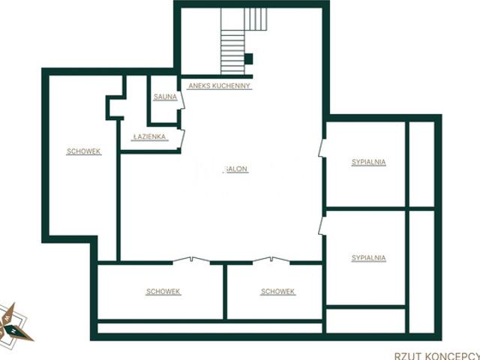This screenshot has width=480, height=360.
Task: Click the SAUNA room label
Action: click(165, 97)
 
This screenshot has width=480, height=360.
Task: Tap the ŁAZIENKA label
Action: click(150, 136)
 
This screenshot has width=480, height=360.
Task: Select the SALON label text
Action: click(236, 169)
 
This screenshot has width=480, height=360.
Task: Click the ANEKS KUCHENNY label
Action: click(219, 86)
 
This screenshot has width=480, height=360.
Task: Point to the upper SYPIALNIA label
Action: click(368, 162)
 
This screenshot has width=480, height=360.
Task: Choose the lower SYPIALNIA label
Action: click(368, 258)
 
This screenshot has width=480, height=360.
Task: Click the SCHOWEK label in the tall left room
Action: click(83, 151)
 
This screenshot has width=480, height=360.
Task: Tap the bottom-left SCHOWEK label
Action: click(163, 292)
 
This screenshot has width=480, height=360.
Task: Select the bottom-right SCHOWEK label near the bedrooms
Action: click(277, 292)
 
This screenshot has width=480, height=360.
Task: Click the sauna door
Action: click(181, 100)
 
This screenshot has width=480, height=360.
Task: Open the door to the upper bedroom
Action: click(322, 148)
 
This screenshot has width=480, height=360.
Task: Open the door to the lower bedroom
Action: click(322, 226)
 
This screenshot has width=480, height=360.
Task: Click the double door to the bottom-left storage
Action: click(192, 260)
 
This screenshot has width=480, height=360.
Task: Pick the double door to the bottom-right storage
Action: click(271, 260)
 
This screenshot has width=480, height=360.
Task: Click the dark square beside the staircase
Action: click(248, 59)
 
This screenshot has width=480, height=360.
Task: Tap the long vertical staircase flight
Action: click(232, 52)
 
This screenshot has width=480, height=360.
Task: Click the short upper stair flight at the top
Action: click(256, 19)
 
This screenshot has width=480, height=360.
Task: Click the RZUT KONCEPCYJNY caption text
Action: click(437, 356)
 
